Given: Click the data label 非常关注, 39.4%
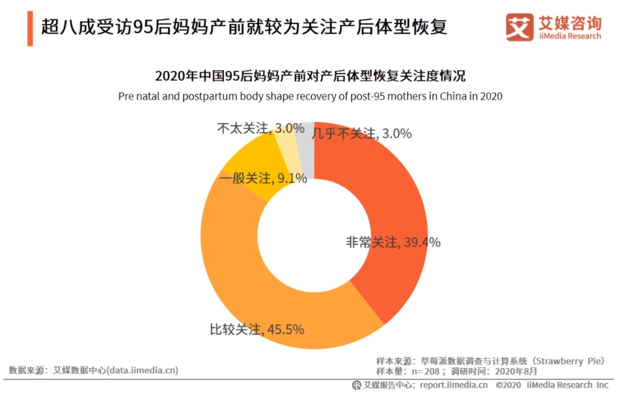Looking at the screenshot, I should (393, 242).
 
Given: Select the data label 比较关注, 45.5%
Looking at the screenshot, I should (256, 329).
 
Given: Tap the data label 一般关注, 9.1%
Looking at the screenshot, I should (263, 178).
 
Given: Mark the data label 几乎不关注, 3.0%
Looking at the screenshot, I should (361, 134).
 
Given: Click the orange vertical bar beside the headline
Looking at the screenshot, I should (30, 29).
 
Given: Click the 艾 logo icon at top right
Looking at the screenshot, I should (519, 27).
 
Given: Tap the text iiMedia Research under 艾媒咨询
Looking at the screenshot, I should (569, 36).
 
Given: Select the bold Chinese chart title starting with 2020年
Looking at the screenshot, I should (310, 76).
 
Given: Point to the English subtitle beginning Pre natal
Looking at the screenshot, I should (310, 96).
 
